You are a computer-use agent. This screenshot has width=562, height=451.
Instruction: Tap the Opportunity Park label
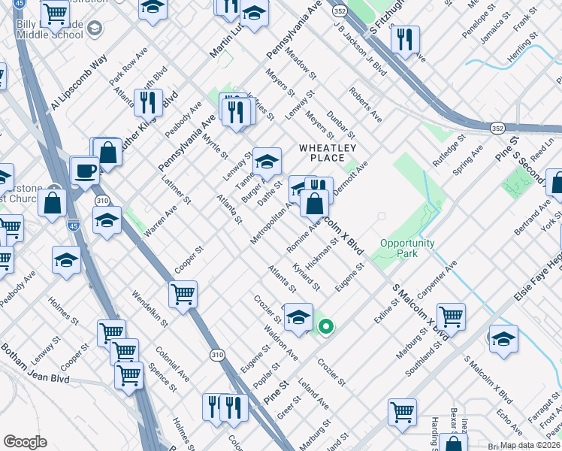[407, 249]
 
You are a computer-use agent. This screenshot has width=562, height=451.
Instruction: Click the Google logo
[26, 441]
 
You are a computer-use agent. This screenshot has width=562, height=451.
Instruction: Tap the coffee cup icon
[86, 171]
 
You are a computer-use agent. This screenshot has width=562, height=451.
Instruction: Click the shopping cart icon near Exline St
[450, 316]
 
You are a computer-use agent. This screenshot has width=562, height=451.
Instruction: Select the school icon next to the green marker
[298, 316]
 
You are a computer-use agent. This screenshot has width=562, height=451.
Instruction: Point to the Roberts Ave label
[365, 104]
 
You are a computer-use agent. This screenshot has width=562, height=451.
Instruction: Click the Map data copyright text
[530, 445]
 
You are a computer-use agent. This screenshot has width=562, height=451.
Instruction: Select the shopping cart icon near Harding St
[402, 413]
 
